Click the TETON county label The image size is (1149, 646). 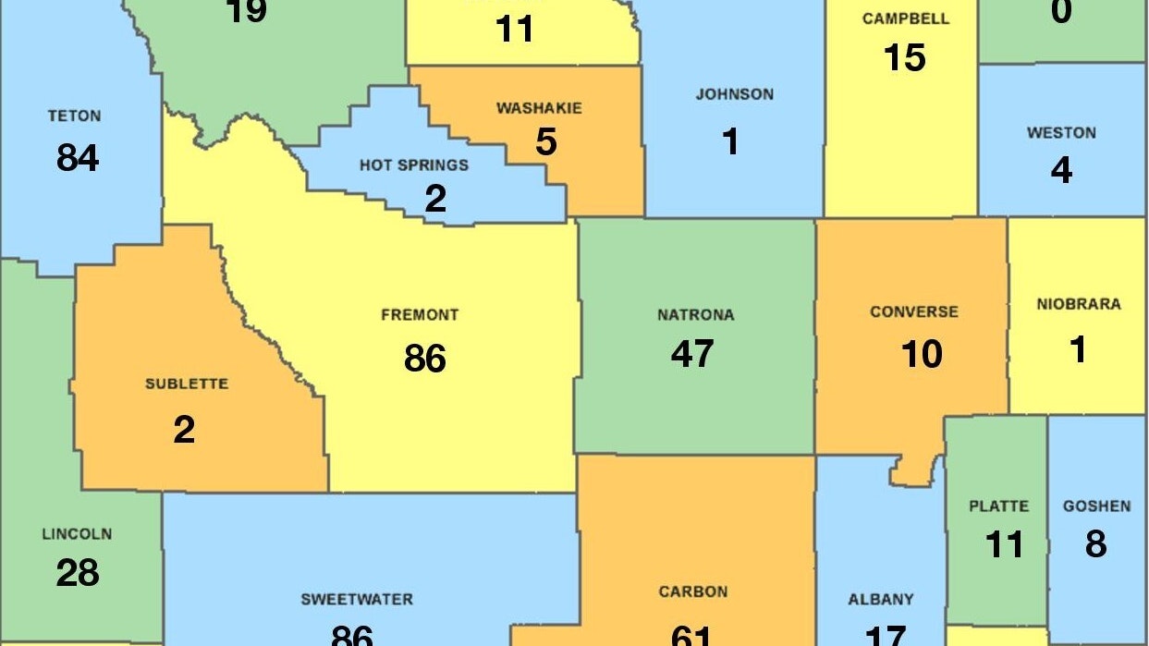click(75, 116)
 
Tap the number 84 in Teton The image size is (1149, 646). click(78, 158)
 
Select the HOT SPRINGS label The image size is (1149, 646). click(414, 165)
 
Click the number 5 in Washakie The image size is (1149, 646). click(546, 142)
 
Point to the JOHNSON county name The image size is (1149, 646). click(735, 94)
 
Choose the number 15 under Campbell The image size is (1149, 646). click(904, 58)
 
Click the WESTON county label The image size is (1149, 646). click(1061, 133)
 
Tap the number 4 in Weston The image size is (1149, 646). click(1061, 171)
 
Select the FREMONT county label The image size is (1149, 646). click(420, 315)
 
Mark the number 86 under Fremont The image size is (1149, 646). click(425, 358)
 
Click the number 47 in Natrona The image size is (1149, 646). click(692, 353)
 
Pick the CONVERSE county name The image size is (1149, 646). click(914, 312)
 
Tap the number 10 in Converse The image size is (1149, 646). click(922, 353)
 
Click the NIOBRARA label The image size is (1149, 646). click(1078, 304)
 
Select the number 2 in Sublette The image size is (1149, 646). click(184, 430)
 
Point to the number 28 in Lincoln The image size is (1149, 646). click(78, 573)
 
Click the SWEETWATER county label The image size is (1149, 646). click(357, 600)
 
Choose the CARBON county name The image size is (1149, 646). click(693, 591)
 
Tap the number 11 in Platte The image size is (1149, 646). click(1004, 544)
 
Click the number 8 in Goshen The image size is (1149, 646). click(1095, 544)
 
